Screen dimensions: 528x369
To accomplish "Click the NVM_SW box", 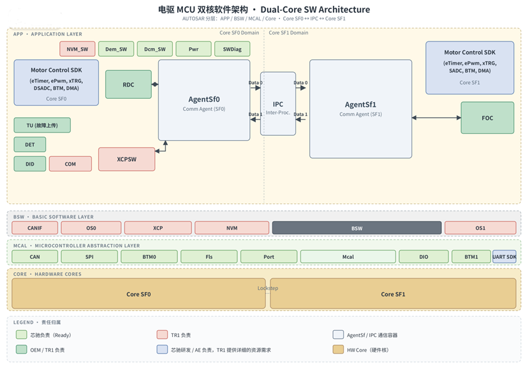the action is coord(77,49).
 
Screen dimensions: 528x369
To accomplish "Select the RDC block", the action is coord(128,85).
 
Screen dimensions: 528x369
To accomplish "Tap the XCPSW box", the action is coord(127,159).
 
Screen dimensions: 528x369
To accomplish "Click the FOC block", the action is coord(487,118).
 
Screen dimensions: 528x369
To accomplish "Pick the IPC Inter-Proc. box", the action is coord(278,104).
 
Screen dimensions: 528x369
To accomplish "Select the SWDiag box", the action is coord(232,49).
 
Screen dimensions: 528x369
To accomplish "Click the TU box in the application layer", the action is coord(42,126).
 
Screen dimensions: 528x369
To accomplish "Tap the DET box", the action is coord(29,145).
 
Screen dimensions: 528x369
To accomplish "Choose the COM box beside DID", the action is coord(70,164).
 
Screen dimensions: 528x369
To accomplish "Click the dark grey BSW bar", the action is coord(356,228).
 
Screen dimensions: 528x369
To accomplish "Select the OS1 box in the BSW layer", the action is coord(480,228).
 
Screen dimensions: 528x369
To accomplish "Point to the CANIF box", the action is coord(34,228).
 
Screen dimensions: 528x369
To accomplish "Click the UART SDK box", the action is coord(504,257).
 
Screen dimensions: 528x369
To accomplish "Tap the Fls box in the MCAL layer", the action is coord(209,257).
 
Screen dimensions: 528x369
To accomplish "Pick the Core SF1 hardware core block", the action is coord(393,294).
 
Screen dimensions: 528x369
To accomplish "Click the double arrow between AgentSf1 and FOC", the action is coord(436,117).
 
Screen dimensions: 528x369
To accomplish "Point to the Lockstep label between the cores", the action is coord(268,288).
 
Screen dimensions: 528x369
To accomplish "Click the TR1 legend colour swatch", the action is coord(163,335).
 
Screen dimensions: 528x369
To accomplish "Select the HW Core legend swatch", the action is coord(338,349).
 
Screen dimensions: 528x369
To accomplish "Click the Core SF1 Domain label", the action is coord(288,33).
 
